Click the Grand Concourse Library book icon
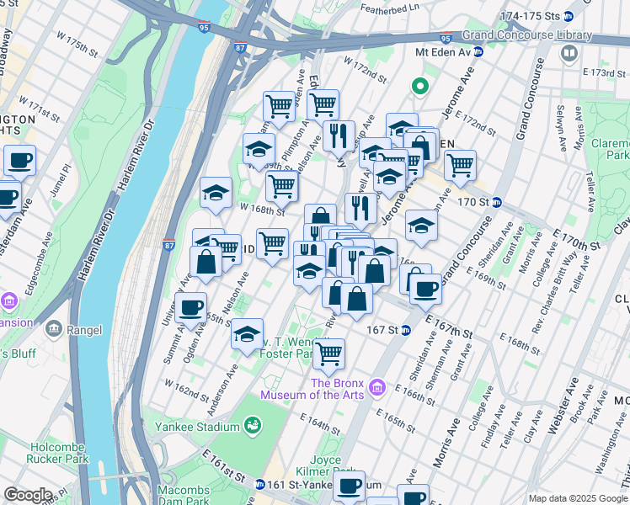pos(570,54)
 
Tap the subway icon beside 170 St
pos(497,202)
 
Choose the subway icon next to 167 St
pos(405,329)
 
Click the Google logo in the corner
pos(28,495)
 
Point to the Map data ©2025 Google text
pos(578,498)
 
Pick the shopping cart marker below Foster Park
pos(328,354)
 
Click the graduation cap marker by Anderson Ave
pos(247,334)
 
